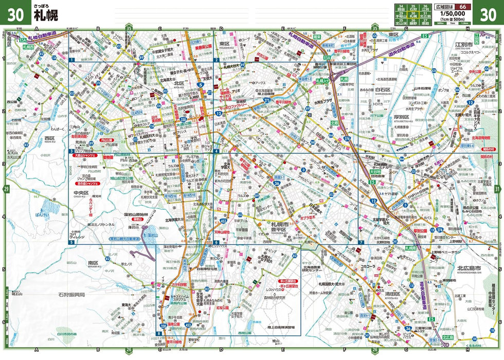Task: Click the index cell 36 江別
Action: (x=425, y=8)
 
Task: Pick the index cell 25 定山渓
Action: (x=399, y=22)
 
